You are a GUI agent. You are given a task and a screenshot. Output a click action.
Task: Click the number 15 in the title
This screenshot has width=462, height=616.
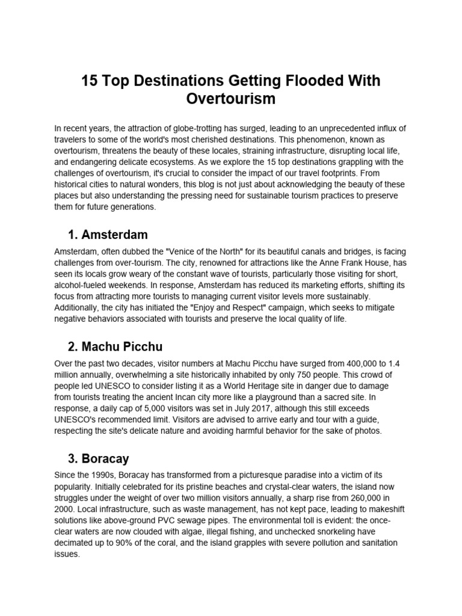91,81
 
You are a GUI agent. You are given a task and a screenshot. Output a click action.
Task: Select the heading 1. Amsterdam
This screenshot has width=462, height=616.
108,234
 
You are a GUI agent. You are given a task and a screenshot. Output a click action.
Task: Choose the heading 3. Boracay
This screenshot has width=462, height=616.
98,460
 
